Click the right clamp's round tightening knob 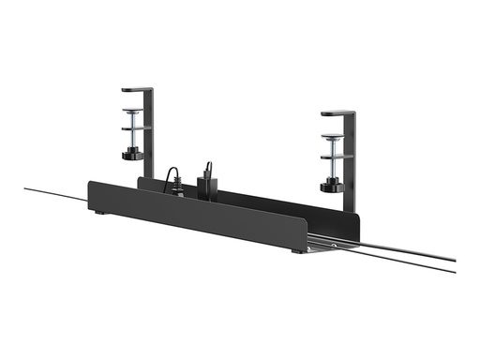(331, 187)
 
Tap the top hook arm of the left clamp (136, 91)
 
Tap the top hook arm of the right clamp (337, 114)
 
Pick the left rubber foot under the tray (100, 213)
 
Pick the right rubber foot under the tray (297, 251)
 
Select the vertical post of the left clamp (150, 136)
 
